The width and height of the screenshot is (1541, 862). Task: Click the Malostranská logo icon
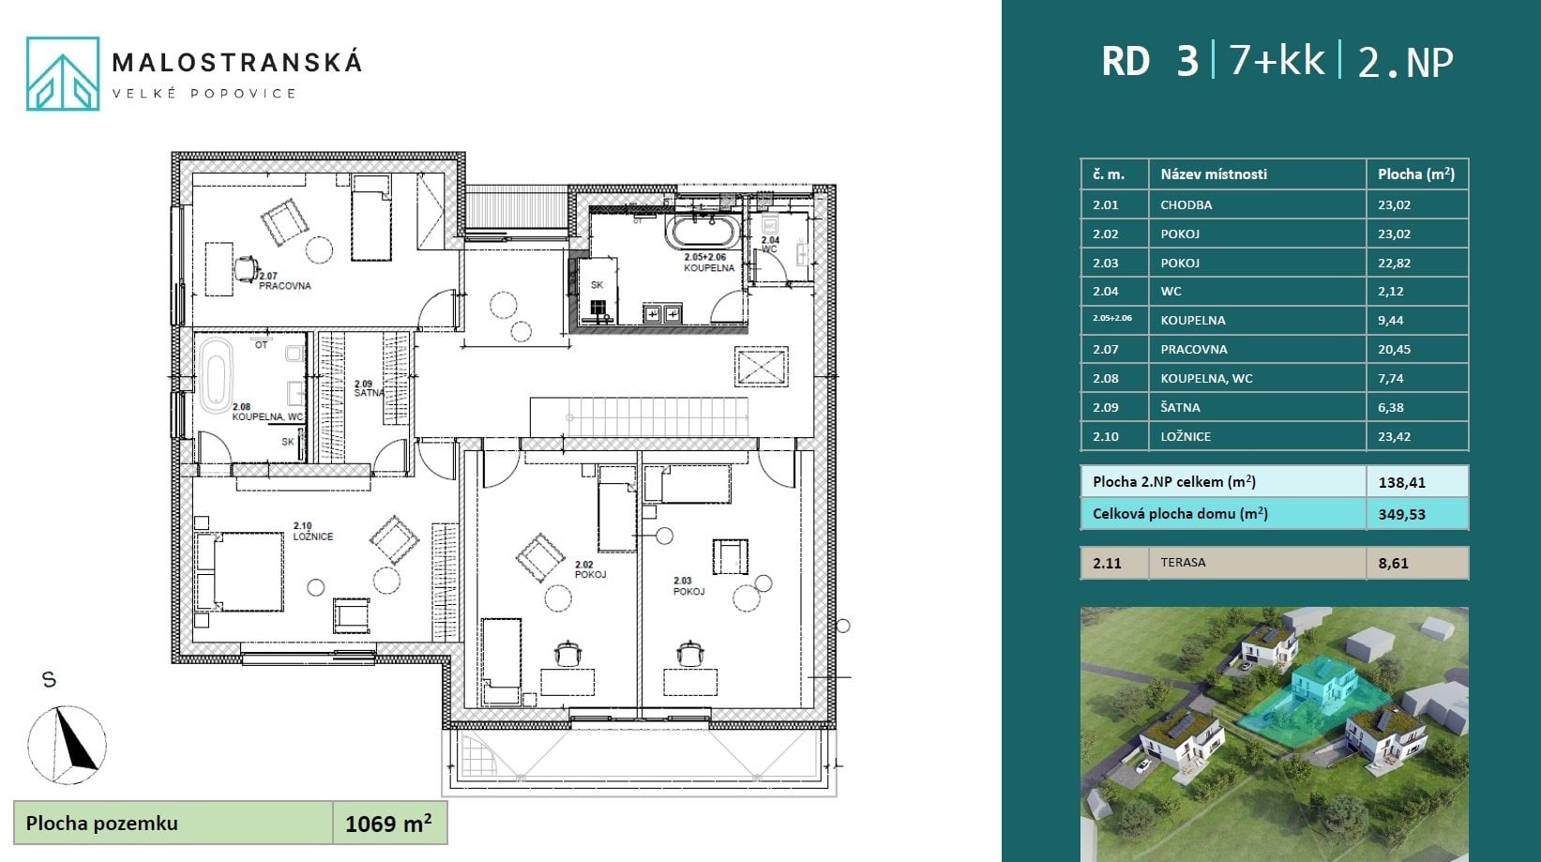(x=63, y=73)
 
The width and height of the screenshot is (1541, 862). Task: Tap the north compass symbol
(x=68, y=745)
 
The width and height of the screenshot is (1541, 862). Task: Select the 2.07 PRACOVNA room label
(x=285, y=280)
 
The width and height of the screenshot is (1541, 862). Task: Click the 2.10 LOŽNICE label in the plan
(x=313, y=531)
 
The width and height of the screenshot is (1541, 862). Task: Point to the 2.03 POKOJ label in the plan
(x=688, y=586)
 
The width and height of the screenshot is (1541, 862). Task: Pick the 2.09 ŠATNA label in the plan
(x=369, y=388)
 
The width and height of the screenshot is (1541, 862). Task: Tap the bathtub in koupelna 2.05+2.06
(x=703, y=232)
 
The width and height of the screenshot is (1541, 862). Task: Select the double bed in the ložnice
(x=240, y=571)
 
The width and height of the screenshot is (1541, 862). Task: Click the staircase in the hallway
(x=639, y=416)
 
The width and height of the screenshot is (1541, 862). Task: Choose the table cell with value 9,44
(x=1417, y=320)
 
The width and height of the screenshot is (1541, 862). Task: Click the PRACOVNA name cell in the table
(x=1257, y=349)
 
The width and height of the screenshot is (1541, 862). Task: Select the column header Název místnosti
(x=1214, y=174)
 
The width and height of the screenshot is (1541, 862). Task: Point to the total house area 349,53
(x=1402, y=514)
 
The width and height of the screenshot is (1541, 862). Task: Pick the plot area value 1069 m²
(x=388, y=823)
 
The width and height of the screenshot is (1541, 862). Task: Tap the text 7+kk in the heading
(x=1277, y=61)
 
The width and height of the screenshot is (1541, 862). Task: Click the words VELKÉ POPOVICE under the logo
(x=204, y=94)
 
